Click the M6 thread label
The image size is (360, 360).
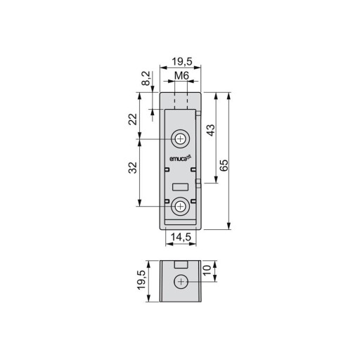point(181,76)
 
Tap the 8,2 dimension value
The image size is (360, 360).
point(147,78)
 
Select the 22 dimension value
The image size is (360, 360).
point(133,120)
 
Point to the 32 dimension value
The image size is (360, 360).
point(133,167)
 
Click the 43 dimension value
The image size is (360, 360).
point(211,130)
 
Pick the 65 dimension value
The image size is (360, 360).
point(224,165)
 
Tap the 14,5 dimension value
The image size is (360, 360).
point(181,237)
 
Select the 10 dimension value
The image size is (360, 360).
point(207,271)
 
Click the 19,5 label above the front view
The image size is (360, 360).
point(182,62)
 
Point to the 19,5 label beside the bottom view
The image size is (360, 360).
point(141,280)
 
